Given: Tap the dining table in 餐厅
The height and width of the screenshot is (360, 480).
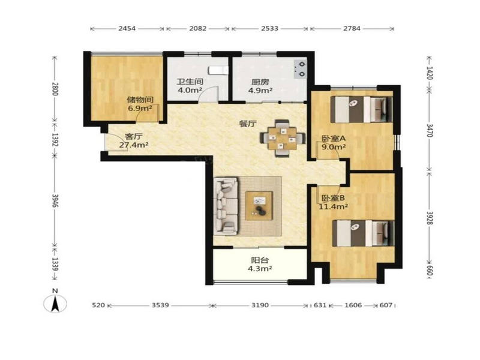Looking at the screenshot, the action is pos(282,139).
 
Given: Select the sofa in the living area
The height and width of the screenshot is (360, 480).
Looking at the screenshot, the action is pos(226,206).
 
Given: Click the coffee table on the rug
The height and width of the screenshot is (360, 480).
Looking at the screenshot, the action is pos(259,206).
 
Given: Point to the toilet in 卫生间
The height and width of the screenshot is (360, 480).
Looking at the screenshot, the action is pos(218,70).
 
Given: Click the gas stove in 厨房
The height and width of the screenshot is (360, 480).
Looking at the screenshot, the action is pos(301,69).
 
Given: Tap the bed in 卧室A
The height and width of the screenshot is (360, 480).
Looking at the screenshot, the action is pos(362,109).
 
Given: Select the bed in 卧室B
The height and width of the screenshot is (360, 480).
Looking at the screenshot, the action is pos(364,233).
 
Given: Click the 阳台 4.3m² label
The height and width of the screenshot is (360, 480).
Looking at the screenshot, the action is pos(260,265).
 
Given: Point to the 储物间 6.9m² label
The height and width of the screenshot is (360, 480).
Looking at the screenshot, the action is pos(140,104).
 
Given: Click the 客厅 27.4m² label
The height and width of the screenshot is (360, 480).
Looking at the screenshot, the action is pos(134,141).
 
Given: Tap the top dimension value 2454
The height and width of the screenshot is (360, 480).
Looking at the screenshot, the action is pos(127,28).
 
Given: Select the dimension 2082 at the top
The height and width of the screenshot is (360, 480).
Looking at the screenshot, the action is pos(198,28).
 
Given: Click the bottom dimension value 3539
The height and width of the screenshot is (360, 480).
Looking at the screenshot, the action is pos(160,305).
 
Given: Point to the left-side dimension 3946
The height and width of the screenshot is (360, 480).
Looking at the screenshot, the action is pos(55,200).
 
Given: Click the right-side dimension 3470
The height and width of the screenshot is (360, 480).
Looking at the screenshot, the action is pos(430,130).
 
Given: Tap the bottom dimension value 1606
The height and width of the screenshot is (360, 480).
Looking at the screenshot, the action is pos(353,305).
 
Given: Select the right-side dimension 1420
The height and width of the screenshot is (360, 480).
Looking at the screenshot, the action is pos(430,73).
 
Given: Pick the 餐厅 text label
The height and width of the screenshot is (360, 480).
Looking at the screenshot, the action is pos(247,124).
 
